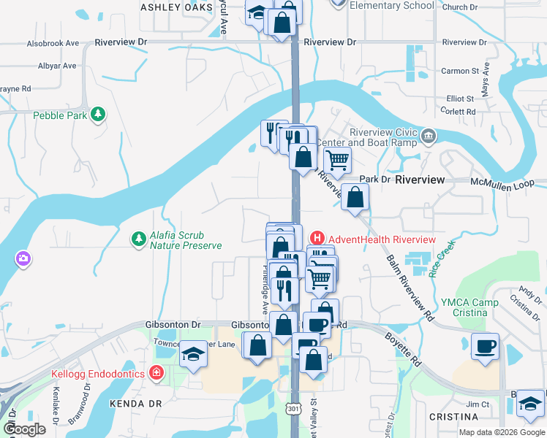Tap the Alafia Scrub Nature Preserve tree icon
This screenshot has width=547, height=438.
coord(137,239)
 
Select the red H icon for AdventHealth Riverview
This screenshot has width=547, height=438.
coord(317,238)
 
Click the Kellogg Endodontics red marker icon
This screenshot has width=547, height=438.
coord(156,374)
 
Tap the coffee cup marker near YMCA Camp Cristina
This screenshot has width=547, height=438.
coord(486,346)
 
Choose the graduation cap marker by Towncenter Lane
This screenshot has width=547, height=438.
coord(193,354)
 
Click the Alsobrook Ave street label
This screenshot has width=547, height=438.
coord(53,44)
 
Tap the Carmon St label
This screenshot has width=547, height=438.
coord(459,72)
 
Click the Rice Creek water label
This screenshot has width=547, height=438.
coord(442,258)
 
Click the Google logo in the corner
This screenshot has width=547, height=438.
coord(25,429)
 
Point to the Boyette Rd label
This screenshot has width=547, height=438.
coord(404,349)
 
